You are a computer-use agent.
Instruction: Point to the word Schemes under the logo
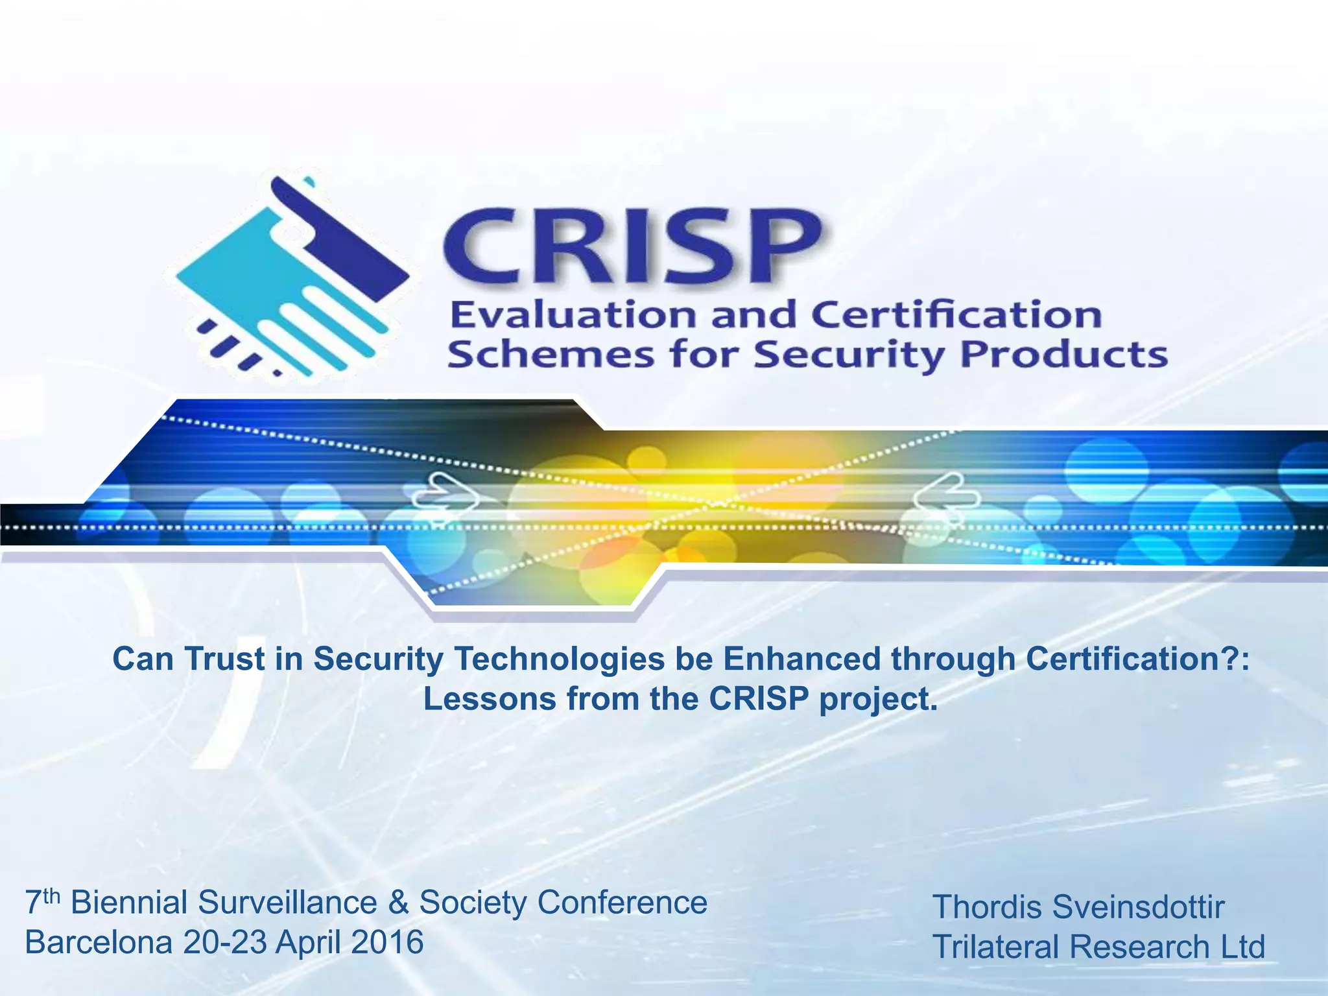[551, 355]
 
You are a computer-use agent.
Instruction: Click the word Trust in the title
[224, 659]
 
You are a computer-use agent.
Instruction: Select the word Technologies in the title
[560, 659]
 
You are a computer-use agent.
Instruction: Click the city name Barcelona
[99, 942]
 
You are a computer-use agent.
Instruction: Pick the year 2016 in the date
[387, 942]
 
